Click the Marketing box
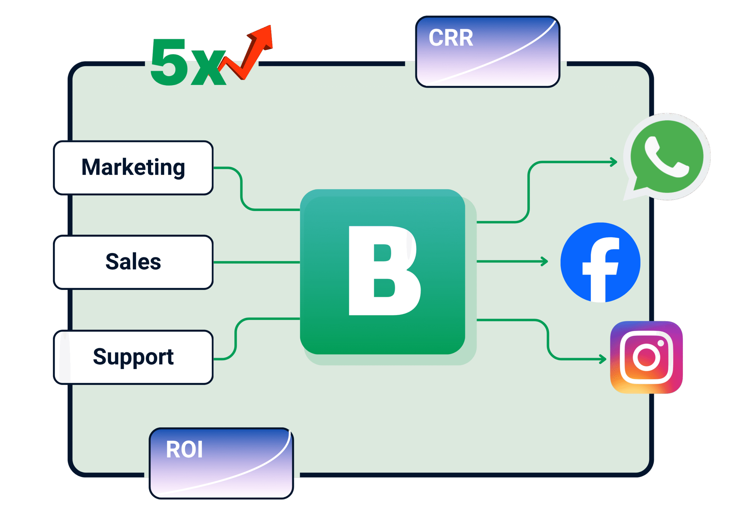(x=133, y=168)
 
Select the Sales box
(x=133, y=262)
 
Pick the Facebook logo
(x=600, y=262)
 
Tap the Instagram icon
(x=646, y=357)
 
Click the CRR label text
(x=451, y=38)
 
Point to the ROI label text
(x=184, y=450)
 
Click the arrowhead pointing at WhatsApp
(x=614, y=162)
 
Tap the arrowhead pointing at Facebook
(x=545, y=261)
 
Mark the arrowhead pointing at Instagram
(x=603, y=359)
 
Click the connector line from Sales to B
(x=256, y=262)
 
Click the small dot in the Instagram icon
(x=660, y=343)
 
